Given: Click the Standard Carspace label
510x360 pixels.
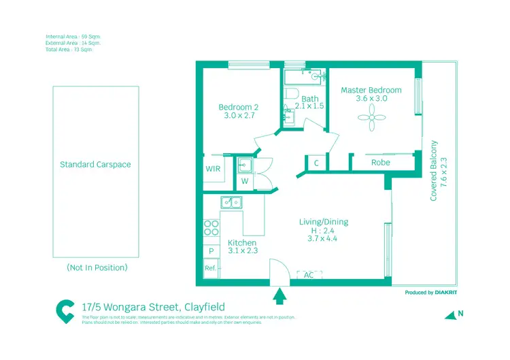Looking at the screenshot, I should pos(95,165).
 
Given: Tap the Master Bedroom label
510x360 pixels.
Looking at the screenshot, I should pos(371,90).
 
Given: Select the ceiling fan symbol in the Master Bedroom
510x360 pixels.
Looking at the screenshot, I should pos(371,121).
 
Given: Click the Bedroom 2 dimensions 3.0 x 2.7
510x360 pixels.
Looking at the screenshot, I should pos(239,116).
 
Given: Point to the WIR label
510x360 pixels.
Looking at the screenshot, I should pos(213,169).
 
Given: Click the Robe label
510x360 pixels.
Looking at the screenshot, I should pos(380,163).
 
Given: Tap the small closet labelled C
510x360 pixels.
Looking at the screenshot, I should pos(316,163).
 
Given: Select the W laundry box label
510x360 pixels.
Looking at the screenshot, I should pos(244,182).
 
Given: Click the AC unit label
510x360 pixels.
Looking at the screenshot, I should pos(309,275).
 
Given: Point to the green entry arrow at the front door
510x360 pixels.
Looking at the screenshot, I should pos(278,296).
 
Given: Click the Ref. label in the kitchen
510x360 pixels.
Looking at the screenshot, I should pos(211,268).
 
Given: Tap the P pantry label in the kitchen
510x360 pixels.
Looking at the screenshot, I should pos(211,251).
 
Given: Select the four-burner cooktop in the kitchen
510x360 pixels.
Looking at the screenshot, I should pos(211,227).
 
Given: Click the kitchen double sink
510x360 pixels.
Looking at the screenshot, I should pos(231,202).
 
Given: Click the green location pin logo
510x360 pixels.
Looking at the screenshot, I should pos(66,311).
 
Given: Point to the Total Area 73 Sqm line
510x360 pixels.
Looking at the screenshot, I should pos(69,50).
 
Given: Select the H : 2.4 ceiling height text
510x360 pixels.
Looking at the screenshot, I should pos(324,230).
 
